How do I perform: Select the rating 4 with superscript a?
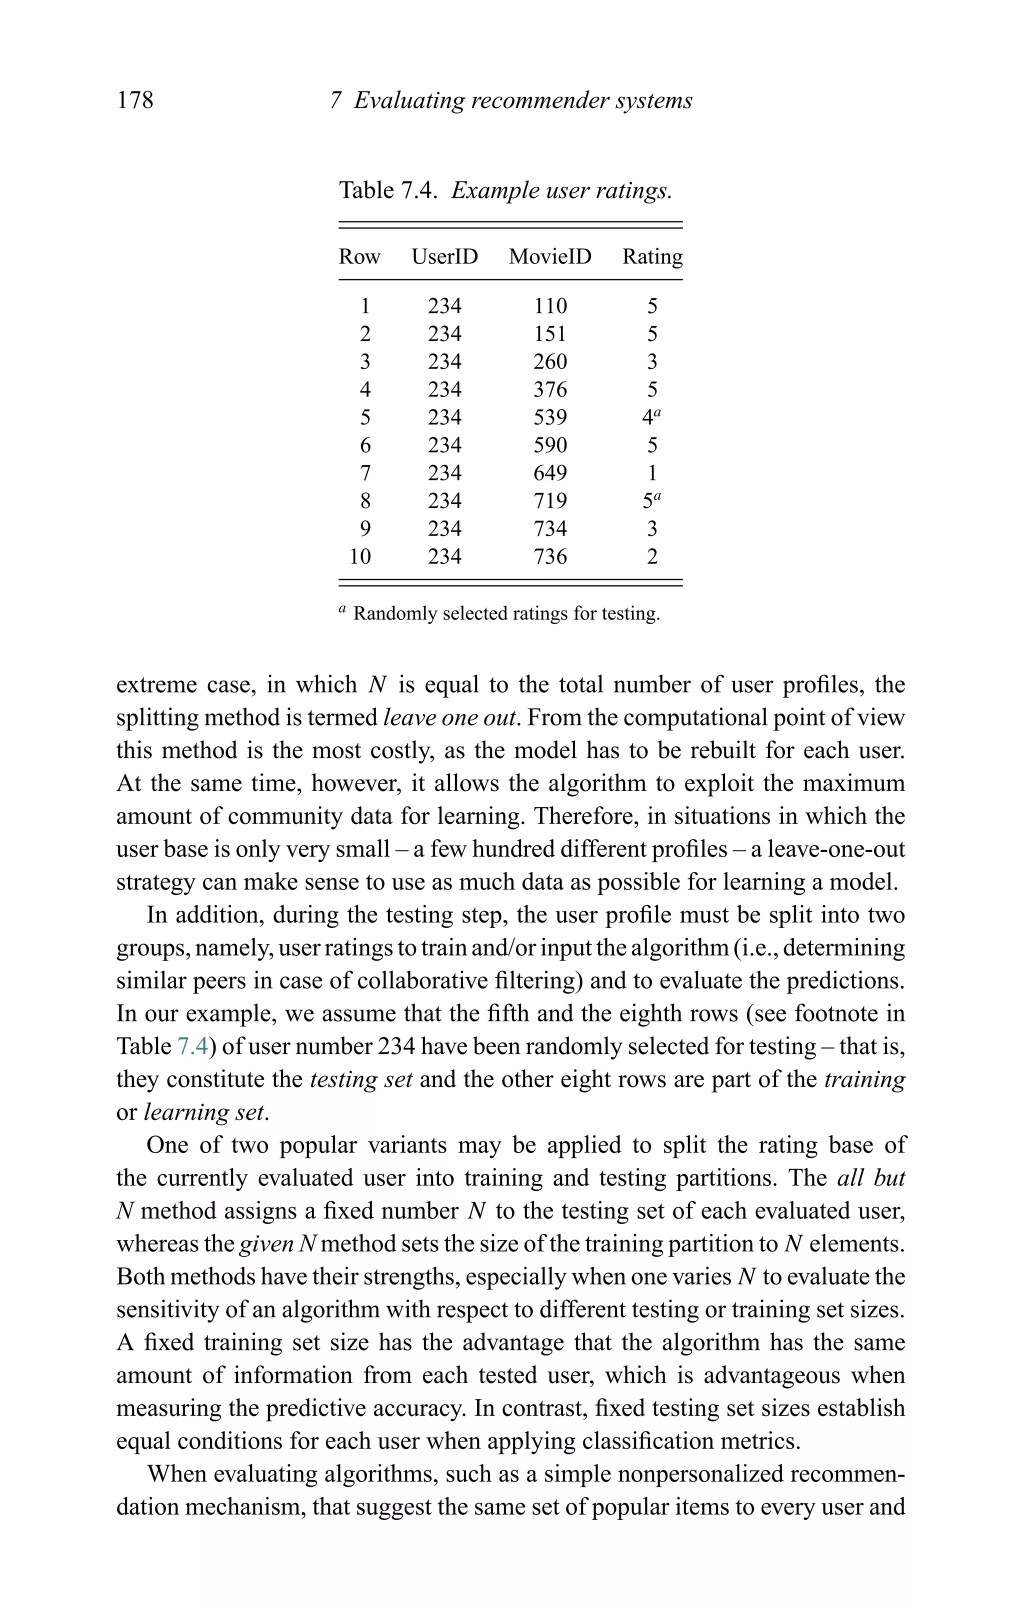(649, 417)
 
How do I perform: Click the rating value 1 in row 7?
(652, 473)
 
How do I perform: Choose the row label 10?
(360, 556)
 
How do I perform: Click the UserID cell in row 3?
(444, 362)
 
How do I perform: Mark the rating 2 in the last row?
(652, 556)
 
